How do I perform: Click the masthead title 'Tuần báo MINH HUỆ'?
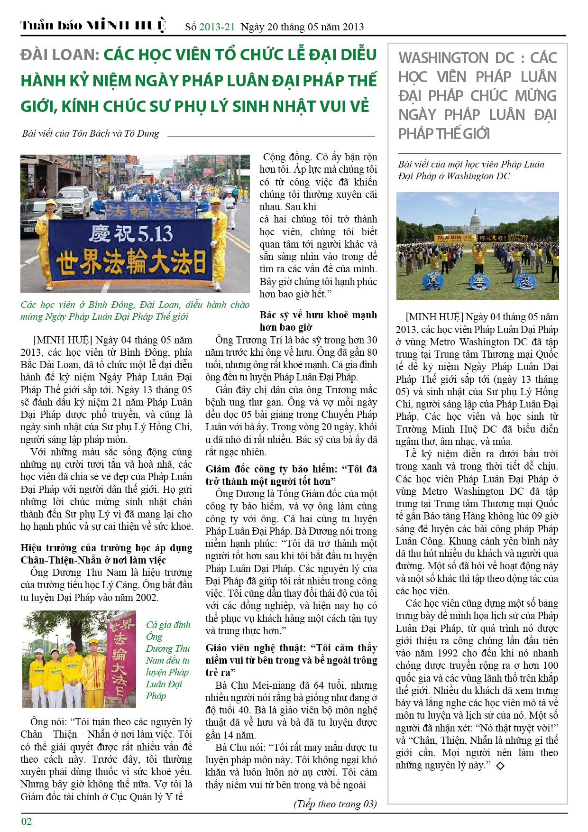[x=93, y=25]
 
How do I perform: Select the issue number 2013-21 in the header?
[x=217, y=27]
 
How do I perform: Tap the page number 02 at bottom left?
[x=27, y=821]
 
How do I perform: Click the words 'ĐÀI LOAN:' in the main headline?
[x=60, y=55]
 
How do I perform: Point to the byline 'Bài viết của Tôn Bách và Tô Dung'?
[x=91, y=133]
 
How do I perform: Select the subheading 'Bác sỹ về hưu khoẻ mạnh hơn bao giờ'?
[x=318, y=321]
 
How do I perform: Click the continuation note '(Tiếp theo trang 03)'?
[x=335, y=804]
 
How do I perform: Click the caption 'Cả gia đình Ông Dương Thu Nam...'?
[x=168, y=660]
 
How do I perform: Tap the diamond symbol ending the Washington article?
[x=500, y=765]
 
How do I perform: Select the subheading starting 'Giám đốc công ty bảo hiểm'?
[x=291, y=475]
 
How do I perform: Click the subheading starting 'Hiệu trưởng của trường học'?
[x=106, y=554]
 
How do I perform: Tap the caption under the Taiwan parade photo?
[x=135, y=310]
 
